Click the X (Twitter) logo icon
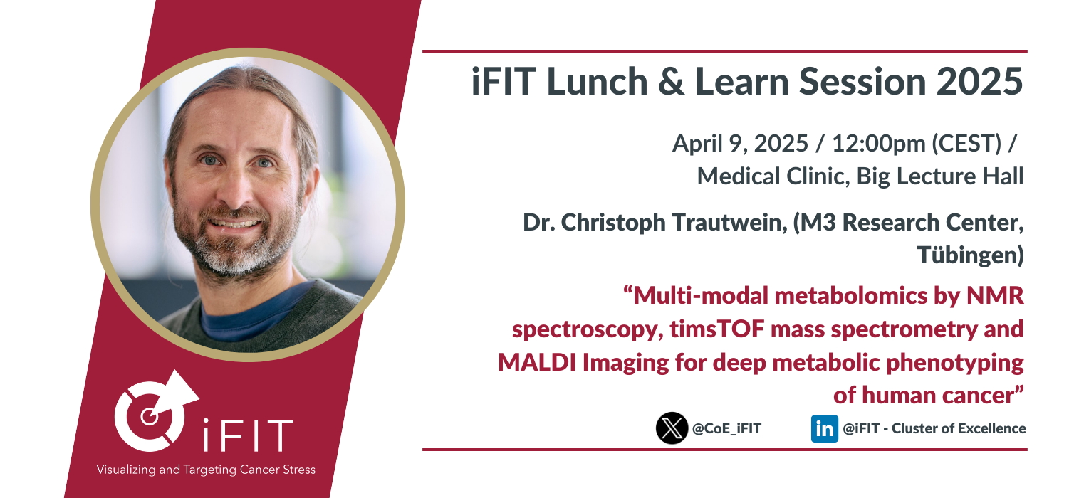point(672,428)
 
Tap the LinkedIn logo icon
point(825,428)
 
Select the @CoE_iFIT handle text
point(727,428)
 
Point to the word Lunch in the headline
point(598,81)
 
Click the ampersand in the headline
point(671,82)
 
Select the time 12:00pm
point(878,144)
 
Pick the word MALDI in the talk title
point(537,363)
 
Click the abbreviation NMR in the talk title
point(995,296)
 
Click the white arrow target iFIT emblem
point(156,411)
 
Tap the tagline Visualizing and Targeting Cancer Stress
point(206,470)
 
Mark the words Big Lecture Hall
point(940,177)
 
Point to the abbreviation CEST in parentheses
point(966,144)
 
